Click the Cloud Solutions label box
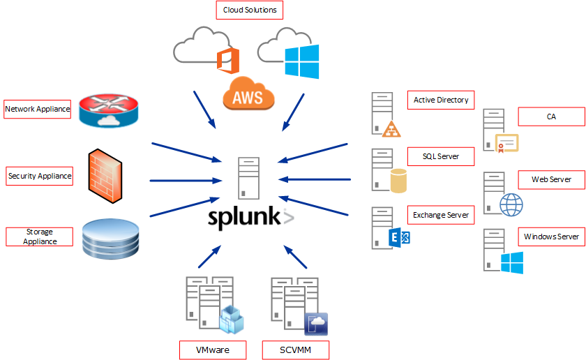tap(249, 10)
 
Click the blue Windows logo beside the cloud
tap(301, 61)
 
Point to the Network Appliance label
tap(38, 109)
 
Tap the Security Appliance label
tap(40, 176)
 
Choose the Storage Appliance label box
tap(40, 237)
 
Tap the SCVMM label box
tap(295, 350)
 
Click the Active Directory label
tap(440, 100)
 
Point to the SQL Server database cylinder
tap(398, 181)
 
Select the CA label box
tap(550, 117)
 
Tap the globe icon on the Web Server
tap(511, 204)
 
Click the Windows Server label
tap(551, 237)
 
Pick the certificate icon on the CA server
tap(507, 143)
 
